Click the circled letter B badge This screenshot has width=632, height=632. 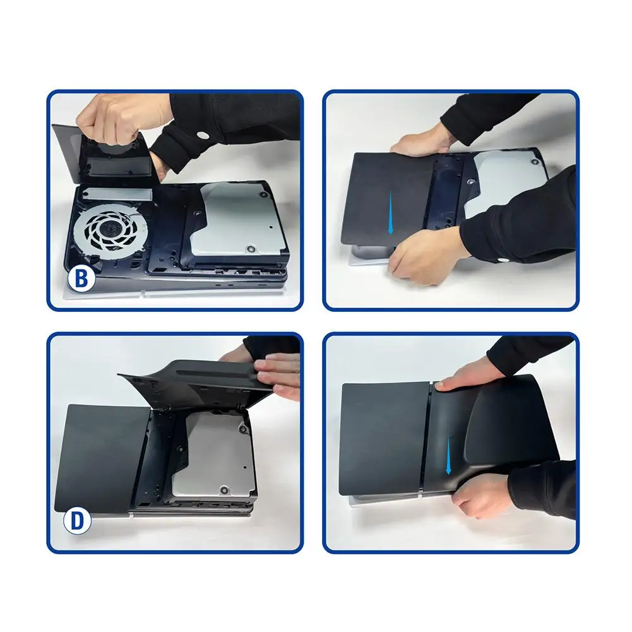click(x=81, y=278)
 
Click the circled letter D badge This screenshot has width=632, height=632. click(x=77, y=521)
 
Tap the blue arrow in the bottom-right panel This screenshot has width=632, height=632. click(x=448, y=456)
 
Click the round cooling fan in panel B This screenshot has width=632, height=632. click(x=107, y=230)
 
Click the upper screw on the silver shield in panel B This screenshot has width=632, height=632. click(x=265, y=194)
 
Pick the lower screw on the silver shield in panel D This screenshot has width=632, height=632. click(x=224, y=491)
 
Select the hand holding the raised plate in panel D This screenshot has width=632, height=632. click(x=273, y=373)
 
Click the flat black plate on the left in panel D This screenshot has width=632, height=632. click(x=103, y=458)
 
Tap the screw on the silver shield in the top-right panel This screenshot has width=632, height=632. click(x=535, y=162)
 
